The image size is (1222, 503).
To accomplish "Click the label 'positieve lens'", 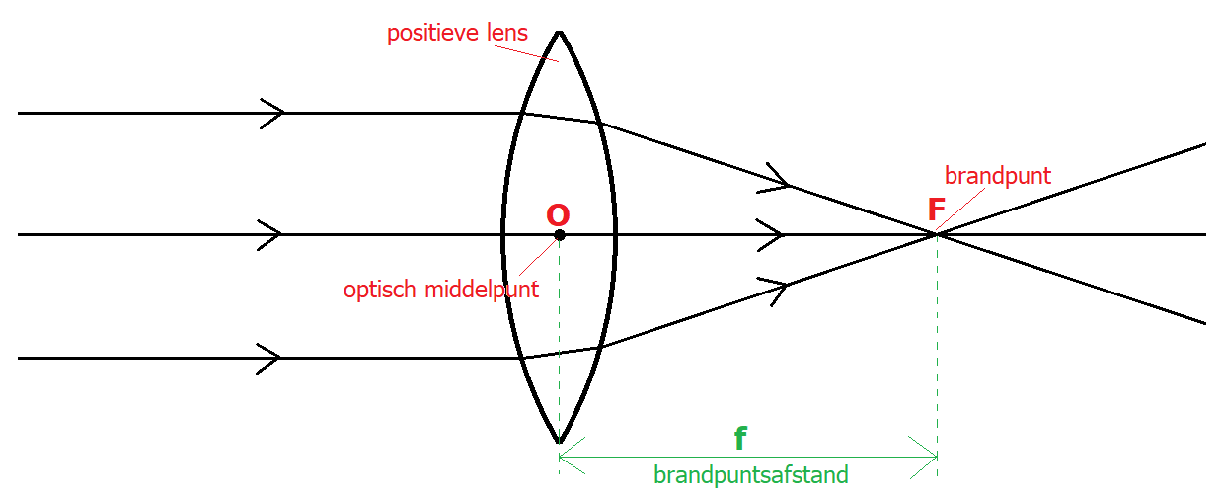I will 457,34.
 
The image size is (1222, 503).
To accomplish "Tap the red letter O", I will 558,215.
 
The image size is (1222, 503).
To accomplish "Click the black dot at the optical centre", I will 560,235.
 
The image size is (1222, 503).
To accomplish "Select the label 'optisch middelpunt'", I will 441,290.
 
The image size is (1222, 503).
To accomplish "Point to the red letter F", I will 937,210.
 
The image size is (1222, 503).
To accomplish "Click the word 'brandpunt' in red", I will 998,176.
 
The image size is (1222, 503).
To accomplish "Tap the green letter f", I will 739,440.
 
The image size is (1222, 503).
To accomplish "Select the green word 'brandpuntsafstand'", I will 750,475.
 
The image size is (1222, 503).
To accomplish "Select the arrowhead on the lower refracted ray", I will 778,288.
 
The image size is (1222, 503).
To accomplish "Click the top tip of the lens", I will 560,32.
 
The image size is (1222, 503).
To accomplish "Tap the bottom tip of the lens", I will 560,441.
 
